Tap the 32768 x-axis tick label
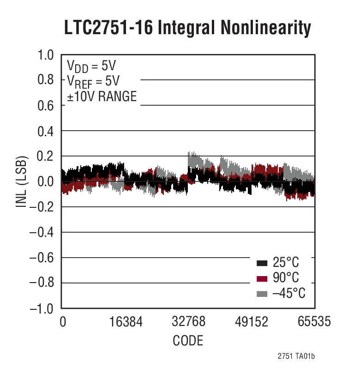188,322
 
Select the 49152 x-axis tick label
251,322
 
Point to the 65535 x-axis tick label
314,322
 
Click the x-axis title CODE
188,341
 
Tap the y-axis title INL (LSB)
22,181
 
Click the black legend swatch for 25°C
262,264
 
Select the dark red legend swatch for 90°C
262,279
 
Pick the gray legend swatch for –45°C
262,294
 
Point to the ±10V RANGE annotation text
102,97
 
